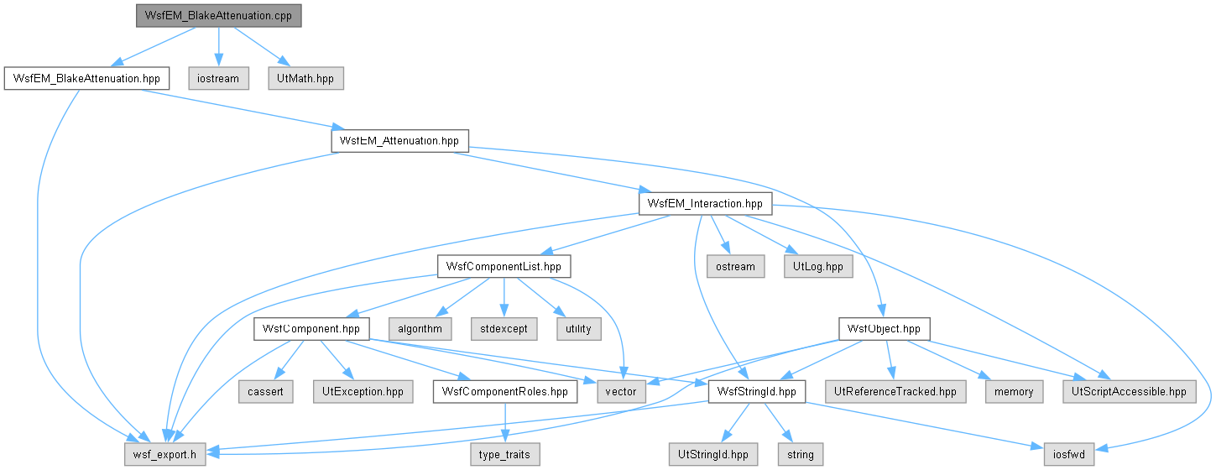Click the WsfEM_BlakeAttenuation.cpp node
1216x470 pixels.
tap(219, 16)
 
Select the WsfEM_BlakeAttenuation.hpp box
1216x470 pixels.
tap(86, 79)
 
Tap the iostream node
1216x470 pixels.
tap(218, 79)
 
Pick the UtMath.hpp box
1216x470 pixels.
tap(305, 79)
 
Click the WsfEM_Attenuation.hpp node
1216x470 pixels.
tap(399, 141)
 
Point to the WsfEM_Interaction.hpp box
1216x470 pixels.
tap(705, 204)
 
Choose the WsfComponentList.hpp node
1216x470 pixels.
tap(504, 267)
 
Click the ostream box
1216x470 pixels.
tap(736, 267)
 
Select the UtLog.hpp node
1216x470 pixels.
tap(818, 267)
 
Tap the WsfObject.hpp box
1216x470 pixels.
tap(884, 329)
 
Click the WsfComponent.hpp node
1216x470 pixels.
tap(311, 329)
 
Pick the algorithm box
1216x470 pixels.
tap(420, 329)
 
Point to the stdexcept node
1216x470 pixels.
tap(504, 329)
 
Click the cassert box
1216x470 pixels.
tap(265, 392)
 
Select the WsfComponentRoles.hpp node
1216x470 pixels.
tap(505, 392)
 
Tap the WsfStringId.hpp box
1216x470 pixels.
tap(757, 392)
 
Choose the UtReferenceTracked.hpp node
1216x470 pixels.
tap(895, 392)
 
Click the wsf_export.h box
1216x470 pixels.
tap(165, 454)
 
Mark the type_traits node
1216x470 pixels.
tap(505, 454)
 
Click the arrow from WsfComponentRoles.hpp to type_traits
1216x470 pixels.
tap(505, 423)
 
